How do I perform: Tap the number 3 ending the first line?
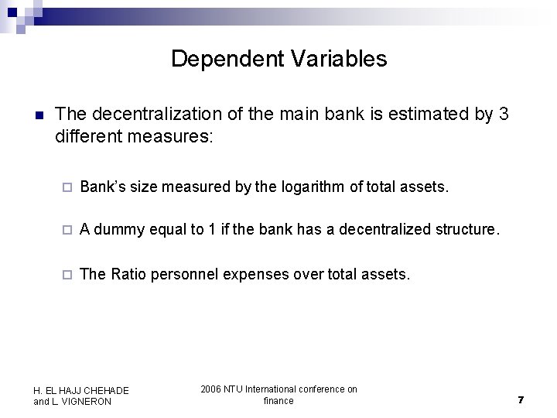[x=504, y=115]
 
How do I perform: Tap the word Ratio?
[x=128, y=273]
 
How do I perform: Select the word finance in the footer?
[x=278, y=400]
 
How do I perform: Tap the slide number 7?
[x=521, y=399]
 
